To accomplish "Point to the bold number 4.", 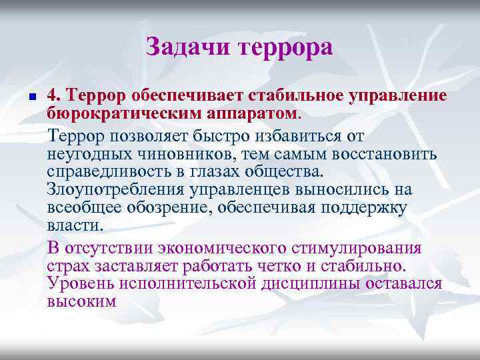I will (x=53, y=96).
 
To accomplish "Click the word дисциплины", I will (x=311, y=283).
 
